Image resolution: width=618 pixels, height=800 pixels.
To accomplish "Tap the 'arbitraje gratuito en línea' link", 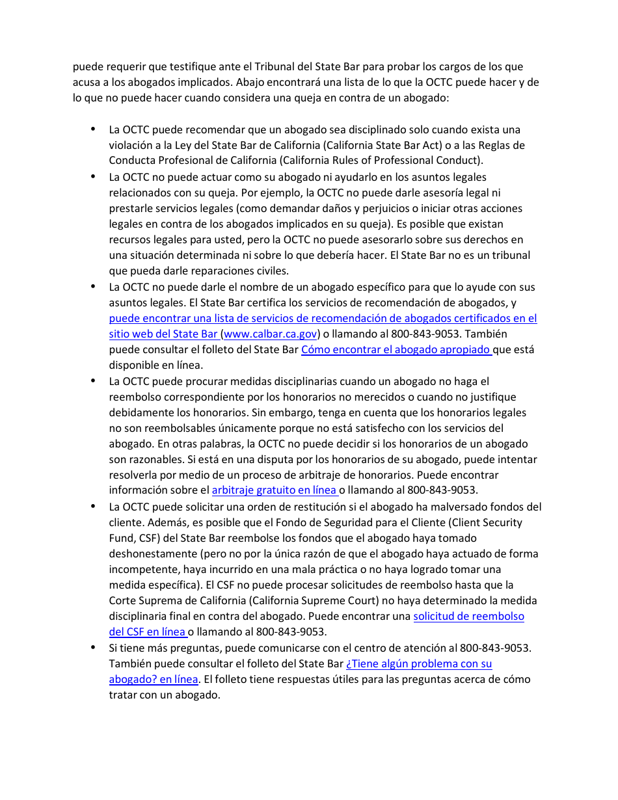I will [x=275, y=490].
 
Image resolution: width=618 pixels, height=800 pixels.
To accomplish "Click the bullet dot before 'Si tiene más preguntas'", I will [x=93, y=647].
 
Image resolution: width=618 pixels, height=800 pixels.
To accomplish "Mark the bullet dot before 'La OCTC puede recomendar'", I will [x=93, y=129].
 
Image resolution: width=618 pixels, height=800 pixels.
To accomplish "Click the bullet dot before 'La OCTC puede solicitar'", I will [x=93, y=506].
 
